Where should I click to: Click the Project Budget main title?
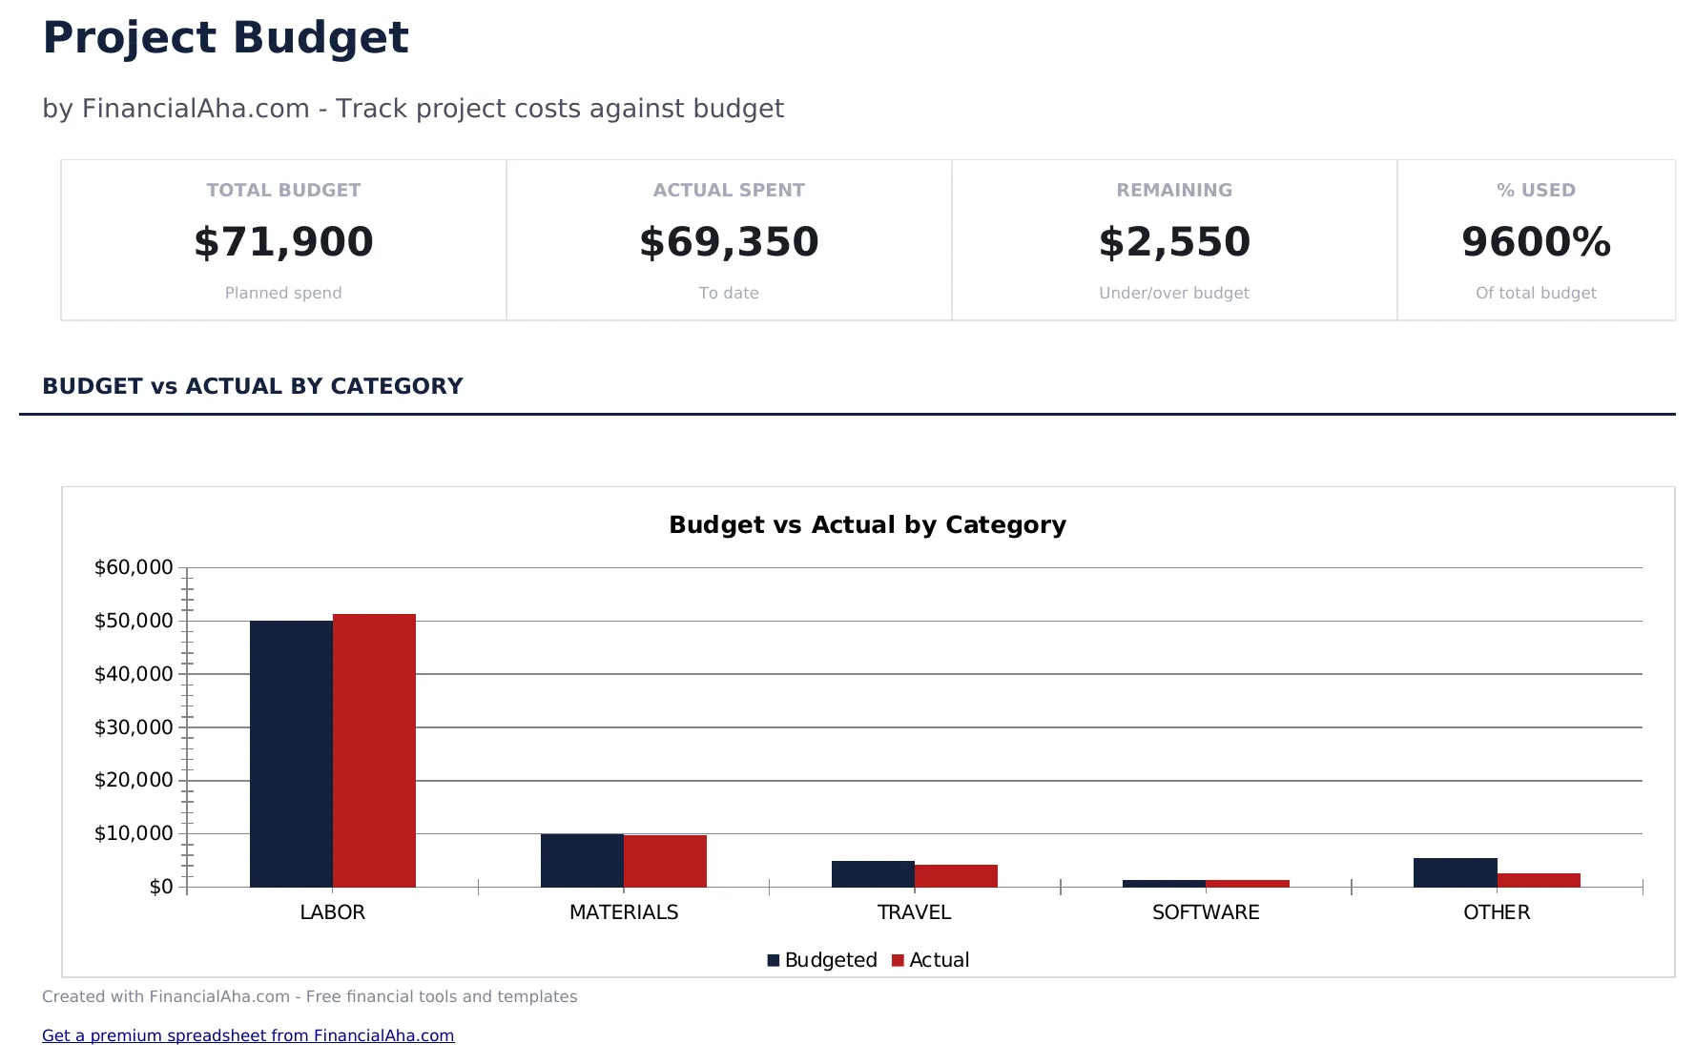[225, 38]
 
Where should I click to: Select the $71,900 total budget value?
[283, 242]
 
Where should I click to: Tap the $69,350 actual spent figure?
[729, 242]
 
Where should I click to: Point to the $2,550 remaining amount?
[1174, 242]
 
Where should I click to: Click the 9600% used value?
[1536, 242]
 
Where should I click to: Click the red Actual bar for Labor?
[374, 750]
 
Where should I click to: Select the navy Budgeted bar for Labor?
[291, 753]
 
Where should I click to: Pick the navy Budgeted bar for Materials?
[582, 860]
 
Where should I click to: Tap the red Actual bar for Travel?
[956, 875]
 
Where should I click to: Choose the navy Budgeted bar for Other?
[1455, 872]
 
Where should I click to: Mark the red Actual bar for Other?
[1539, 880]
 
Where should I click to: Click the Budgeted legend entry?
[822, 960]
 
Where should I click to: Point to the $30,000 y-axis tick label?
[134, 727]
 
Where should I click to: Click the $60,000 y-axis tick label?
[134, 567]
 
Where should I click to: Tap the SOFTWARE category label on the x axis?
[1206, 912]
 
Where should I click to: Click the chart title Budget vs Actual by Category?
[867, 524]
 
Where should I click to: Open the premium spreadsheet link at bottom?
[248, 1035]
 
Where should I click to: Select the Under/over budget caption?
[1174, 293]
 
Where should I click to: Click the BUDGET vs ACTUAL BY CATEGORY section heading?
[253, 386]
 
